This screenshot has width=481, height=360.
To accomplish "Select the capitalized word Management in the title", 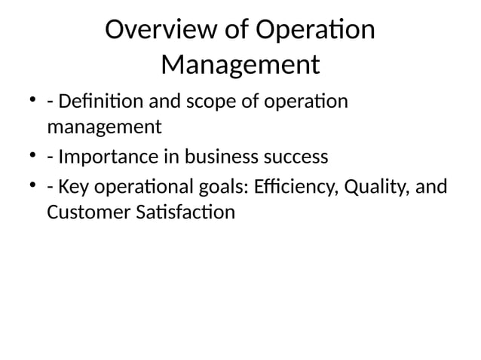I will pyautogui.click(x=240, y=66).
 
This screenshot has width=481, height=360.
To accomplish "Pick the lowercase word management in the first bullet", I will pyautogui.click(x=104, y=126).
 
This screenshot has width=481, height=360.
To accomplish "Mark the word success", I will pyautogui.click(x=300, y=157).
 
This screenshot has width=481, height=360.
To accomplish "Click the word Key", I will pyautogui.click(x=72, y=185).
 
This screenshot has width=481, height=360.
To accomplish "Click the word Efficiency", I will pyautogui.click(x=285, y=186).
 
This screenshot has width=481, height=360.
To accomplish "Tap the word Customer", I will pyautogui.click(x=84, y=213).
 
